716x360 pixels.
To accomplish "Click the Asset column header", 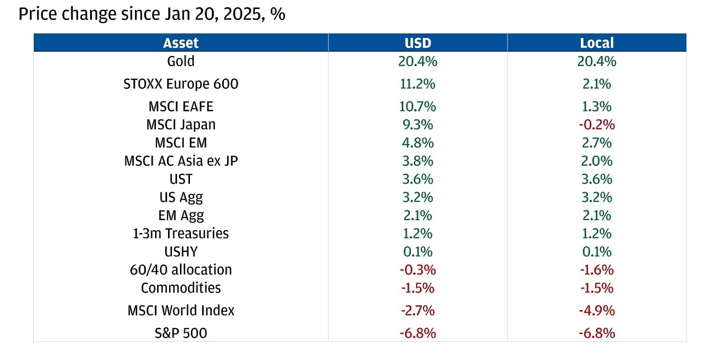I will (x=180, y=43).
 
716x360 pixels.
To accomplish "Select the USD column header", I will (x=418, y=43).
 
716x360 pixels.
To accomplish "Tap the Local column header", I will (x=597, y=43).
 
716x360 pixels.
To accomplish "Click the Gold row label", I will (x=180, y=61).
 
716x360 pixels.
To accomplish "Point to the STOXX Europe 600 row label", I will (x=180, y=84).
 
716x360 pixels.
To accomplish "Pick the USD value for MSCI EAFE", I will (x=418, y=106).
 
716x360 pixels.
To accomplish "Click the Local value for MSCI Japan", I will (x=597, y=124).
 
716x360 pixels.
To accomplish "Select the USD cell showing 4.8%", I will (x=418, y=143).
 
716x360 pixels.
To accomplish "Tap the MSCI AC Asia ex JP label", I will (x=180, y=161).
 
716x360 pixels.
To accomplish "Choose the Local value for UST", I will (x=597, y=179).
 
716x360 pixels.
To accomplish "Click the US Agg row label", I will (x=180, y=197).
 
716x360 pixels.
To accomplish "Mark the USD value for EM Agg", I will (x=418, y=215).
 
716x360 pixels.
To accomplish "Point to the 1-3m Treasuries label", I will (x=180, y=233).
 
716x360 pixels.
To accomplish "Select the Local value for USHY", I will (x=597, y=252).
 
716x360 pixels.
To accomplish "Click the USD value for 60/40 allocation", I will (x=418, y=270).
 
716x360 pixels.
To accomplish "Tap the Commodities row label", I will (x=180, y=287).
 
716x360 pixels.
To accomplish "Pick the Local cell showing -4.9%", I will (x=597, y=310).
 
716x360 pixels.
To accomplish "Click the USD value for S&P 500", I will (x=418, y=333).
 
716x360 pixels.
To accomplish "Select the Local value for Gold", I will (x=597, y=61).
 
